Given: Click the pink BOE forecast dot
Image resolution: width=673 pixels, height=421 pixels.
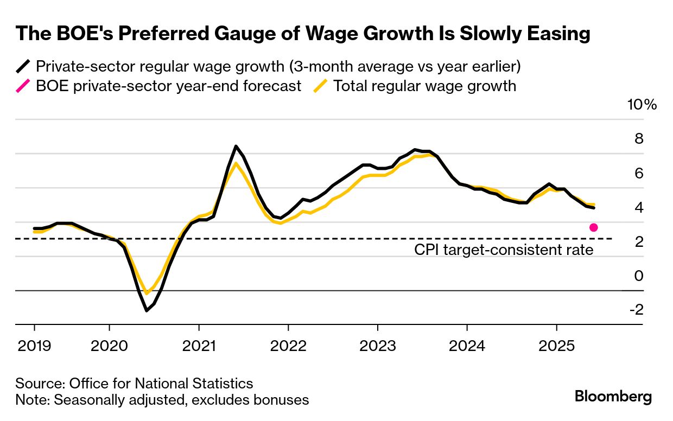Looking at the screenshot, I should point(594,227).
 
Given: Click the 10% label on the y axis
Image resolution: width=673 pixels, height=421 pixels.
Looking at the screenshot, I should point(642,105).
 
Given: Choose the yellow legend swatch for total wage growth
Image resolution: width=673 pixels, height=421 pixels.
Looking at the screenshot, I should point(321,86).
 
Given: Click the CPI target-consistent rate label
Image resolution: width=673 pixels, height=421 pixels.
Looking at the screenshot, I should point(504,250).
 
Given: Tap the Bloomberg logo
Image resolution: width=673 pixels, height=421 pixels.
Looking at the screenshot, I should point(613,397).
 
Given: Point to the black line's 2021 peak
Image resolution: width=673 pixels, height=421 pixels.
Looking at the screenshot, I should point(236,146).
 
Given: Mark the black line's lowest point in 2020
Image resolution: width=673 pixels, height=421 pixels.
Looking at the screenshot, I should point(147,310).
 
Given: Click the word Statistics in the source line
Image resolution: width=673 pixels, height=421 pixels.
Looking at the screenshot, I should point(221,384).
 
